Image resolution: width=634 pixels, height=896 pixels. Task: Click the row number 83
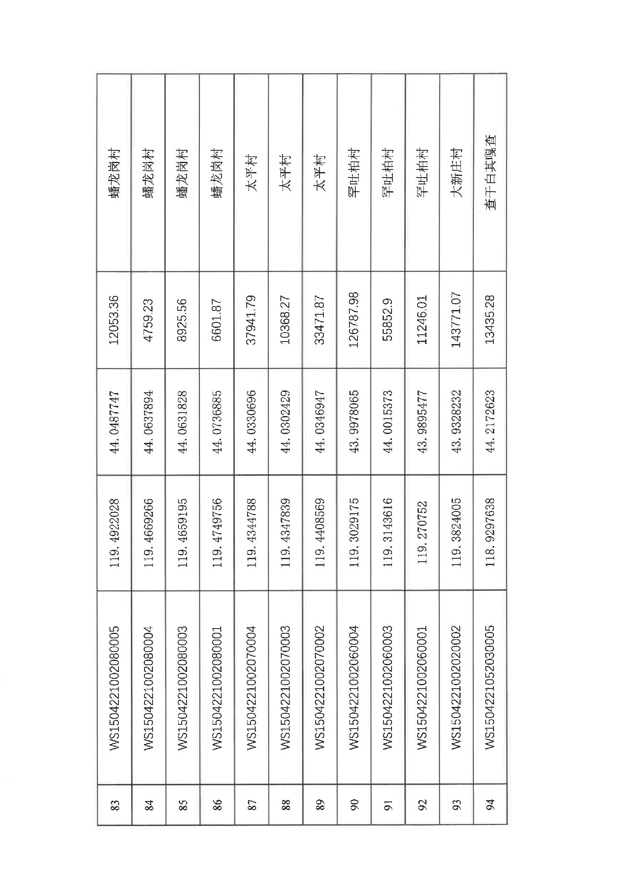pos(114,805)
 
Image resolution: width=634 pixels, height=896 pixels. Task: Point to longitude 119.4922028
pos(114,533)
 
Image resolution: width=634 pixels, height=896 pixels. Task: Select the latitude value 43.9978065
pos(354,421)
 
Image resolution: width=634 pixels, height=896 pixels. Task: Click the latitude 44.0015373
pos(388,421)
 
